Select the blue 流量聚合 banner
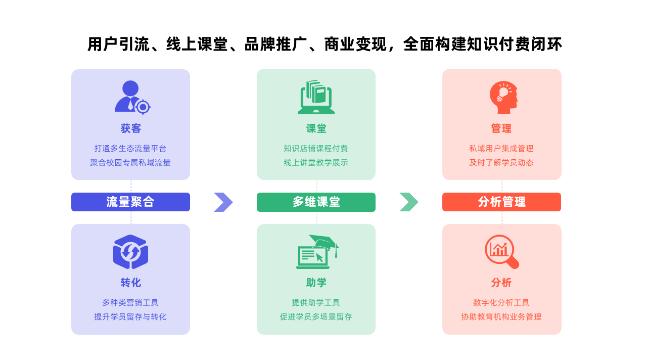pos(130,202)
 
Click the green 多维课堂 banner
pos(316,202)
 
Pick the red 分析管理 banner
pos(501,202)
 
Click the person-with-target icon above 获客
pos(132,98)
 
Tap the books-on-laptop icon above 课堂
pos(316,97)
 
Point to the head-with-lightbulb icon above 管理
pos(504,98)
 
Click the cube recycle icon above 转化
pos(130,252)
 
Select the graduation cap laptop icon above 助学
pos(317,252)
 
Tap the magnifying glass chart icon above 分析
pos(502,252)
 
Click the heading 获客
pos(130,128)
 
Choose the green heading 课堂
pos(316,128)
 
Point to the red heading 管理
pos(501,128)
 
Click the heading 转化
pos(130,283)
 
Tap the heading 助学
pos(316,283)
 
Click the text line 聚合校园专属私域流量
pos(130,163)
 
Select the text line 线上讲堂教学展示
pos(316,163)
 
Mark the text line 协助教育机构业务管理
pos(501,317)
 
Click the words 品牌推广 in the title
pos(275,44)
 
